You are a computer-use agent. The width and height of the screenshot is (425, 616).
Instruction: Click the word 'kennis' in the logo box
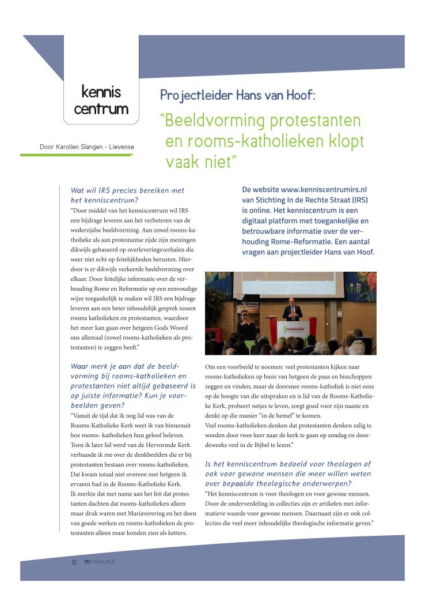coord(101,92)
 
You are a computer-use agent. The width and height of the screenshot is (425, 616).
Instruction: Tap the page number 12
coord(74,562)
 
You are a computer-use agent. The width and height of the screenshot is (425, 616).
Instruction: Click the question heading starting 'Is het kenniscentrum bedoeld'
coord(288,469)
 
